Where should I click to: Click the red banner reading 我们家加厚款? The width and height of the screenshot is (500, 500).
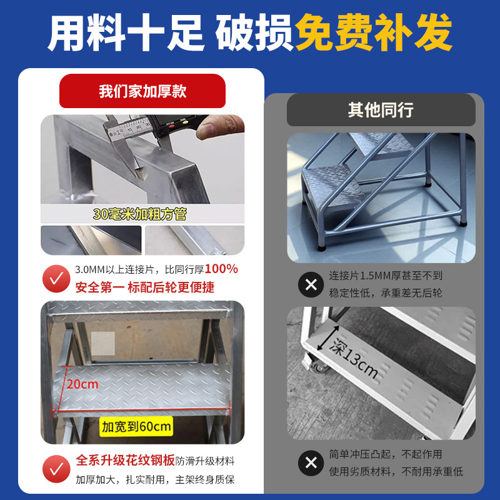[142, 92]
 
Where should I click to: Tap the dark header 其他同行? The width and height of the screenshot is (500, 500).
[381, 111]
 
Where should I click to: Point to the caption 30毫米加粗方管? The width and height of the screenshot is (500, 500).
[139, 214]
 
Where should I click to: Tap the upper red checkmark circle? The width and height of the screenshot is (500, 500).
[56, 279]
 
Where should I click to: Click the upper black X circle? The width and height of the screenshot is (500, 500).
[311, 285]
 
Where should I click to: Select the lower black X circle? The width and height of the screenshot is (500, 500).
[311, 463]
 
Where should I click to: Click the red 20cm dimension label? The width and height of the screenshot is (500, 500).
[83, 384]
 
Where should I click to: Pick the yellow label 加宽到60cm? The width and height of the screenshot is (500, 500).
[136, 427]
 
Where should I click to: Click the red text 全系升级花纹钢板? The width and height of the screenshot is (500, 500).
[125, 461]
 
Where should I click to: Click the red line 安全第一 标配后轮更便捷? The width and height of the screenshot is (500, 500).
[144, 287]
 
